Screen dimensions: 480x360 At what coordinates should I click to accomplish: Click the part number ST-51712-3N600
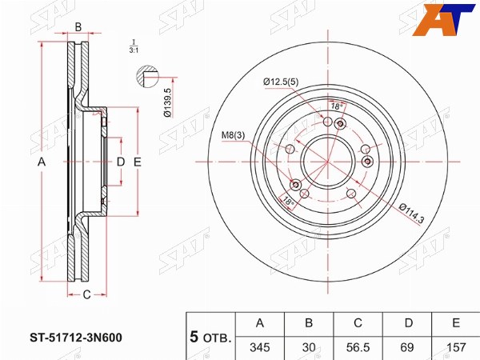(76, 338)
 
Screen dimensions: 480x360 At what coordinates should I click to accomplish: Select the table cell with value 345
(260, 347)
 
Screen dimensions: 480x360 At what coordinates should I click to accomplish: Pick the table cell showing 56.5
(358, 347)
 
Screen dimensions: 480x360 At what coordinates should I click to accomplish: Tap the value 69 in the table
(407, 347)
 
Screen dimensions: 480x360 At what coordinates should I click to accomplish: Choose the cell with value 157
(456, 347)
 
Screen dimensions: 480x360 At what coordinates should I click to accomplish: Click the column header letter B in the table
(309, 323)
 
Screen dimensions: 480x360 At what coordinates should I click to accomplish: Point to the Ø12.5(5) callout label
(281, 82)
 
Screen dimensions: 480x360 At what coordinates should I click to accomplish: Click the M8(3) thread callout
(234, 135)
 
